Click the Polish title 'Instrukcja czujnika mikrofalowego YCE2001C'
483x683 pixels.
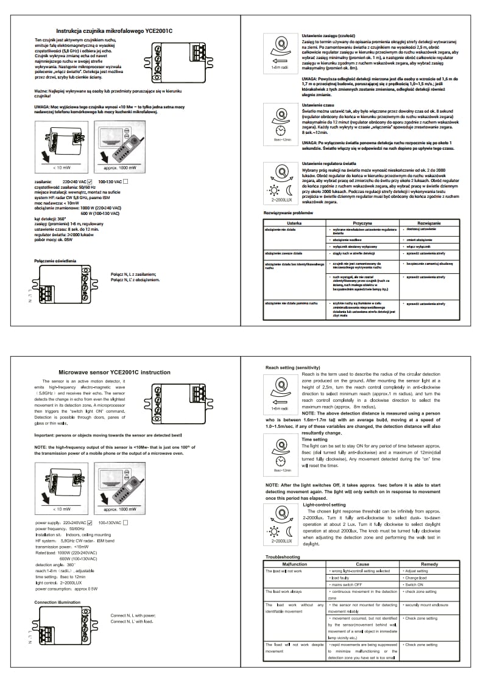pos(115,30)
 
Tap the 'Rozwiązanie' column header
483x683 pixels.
pos(429,223)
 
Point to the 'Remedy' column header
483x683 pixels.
pos(429,564)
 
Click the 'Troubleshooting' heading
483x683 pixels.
pos(283,557)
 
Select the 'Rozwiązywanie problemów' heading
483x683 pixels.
pos(288,214)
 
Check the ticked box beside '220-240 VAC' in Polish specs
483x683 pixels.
pos(89,181)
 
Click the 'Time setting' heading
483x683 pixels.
pos(314,439)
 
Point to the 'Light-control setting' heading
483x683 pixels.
pos(324,505)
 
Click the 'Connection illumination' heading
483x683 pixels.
pos(57,602)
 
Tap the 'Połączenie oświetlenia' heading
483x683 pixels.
pos(55,261)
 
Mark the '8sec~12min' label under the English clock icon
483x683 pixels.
pos(282,471)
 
